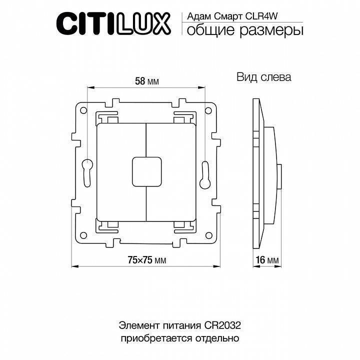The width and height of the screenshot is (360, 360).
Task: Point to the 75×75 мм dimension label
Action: click(146, 260)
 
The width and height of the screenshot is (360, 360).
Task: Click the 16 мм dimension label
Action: click(266, 260)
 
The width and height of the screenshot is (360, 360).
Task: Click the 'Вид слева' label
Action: click(263, 77)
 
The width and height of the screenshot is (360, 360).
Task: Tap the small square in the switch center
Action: click(146, 170)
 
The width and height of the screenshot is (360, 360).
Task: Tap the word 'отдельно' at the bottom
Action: click(218, 338)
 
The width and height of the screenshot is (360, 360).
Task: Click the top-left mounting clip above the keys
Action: click(107, 117)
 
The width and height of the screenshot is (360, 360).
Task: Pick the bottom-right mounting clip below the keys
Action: click(184, 224)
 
